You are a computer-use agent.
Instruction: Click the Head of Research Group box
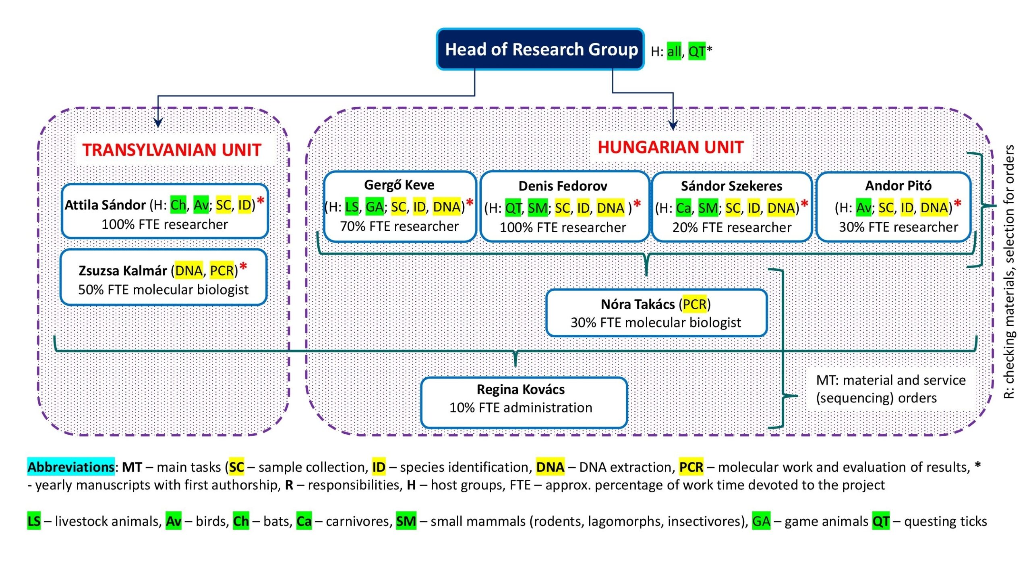click(x=540, y=49)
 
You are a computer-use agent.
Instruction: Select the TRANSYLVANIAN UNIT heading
click(x=172, y=150)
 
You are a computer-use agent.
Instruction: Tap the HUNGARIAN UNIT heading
click(x=671, y=147)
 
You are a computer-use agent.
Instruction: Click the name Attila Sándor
click(x=105, y=205)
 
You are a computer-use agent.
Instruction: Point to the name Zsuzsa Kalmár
click(x=124, y=271)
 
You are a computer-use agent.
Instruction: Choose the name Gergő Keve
click(x=399, y=185)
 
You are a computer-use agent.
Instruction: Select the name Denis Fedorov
click(x=563, y=186)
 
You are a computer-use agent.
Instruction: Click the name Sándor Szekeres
click(x=731, y=186)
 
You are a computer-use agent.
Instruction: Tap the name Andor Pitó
click(x=898, y=186)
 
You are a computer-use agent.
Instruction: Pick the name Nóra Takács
click(x=638, y=304)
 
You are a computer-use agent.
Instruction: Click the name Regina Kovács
click(x=520, y=389)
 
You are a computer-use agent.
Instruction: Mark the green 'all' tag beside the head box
click(x=674, y=52)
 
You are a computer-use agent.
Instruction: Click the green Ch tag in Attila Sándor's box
click(x=178, y=205)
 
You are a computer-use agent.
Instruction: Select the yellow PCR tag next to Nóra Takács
click(x=695, y=304)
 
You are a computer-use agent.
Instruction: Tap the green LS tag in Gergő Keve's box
click(x=352, y=207)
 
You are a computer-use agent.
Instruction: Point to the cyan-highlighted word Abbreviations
click(x=71, y=467)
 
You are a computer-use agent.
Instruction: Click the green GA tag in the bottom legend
click(x=761, y=521)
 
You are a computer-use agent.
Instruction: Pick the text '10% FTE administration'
click(x=521, y=408)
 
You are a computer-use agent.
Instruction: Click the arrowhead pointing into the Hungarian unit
click(x=673, y=125)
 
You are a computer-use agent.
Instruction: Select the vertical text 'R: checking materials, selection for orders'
click(x=1009, y=272)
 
